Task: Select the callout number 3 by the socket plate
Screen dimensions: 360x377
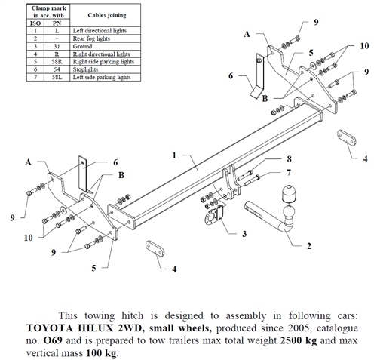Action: (x=244, y=234)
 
